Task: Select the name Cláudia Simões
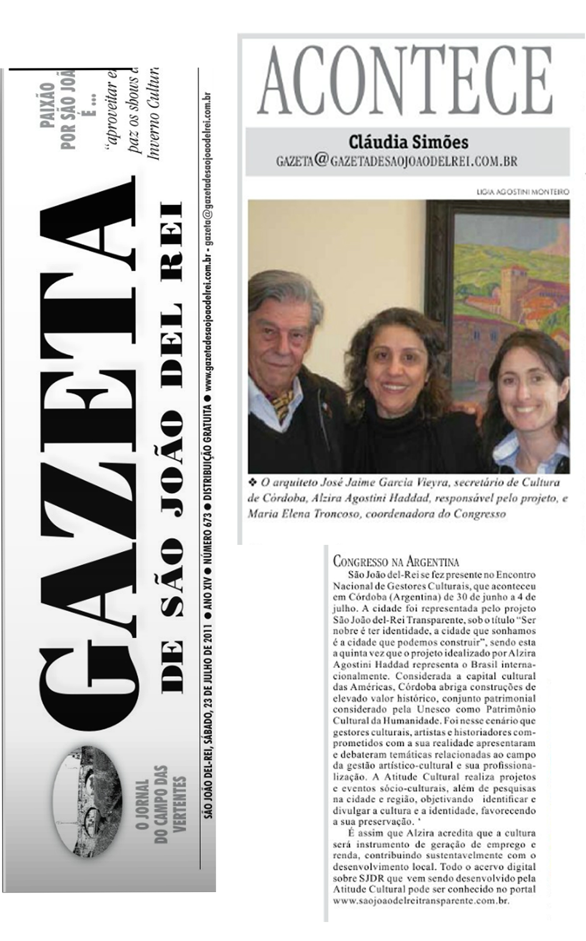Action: [x=408, y=142]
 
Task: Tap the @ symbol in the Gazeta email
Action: [x=321, y=159]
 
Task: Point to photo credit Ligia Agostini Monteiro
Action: [x=522, y=192]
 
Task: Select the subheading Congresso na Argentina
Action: [x=396, y=561]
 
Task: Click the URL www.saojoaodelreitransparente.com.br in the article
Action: [x=422, y=901]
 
